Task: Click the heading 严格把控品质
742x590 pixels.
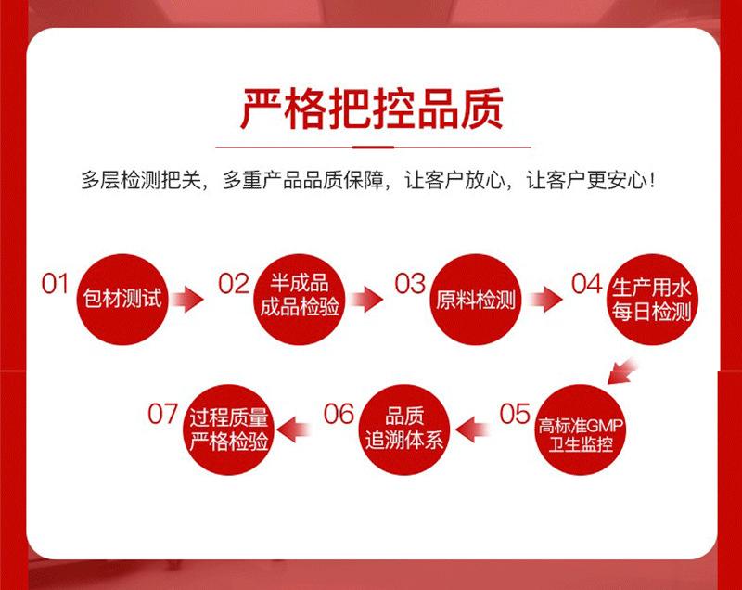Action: click(371, 109)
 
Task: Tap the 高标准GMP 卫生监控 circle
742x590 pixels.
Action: click(582, 428)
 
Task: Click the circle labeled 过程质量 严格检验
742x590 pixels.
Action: click(228, 428)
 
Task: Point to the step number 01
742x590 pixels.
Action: click(56, 284)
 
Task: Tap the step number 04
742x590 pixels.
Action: click(586, 284)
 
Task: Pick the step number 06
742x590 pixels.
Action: click(339, 414)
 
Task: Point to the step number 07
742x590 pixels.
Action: click(162, 414)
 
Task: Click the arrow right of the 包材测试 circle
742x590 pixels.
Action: click(188, 299)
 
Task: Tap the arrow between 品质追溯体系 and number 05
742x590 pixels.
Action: click(473, 428)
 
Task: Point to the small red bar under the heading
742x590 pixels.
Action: click(371, 147)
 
